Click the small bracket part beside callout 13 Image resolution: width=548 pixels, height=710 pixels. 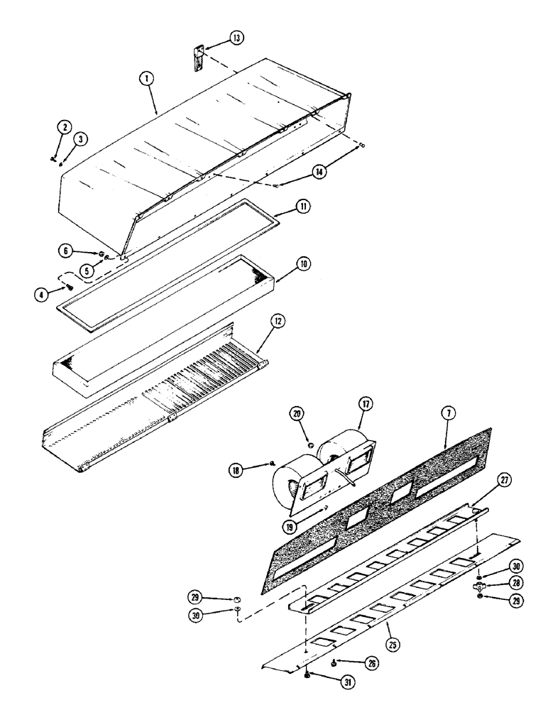coord(199,57)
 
